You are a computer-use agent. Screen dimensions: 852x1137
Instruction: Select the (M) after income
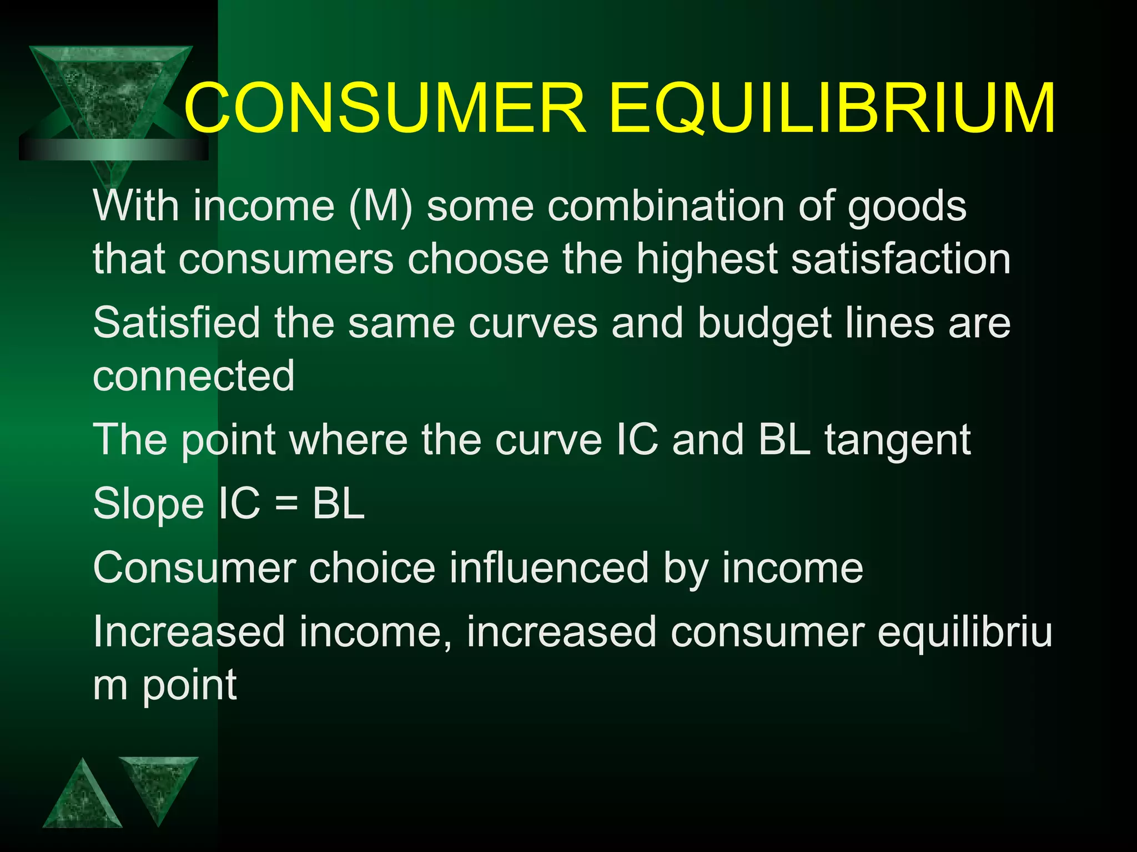pyautogui.click(x=381, y=206)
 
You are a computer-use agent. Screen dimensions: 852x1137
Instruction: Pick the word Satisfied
pyautogui.click(x=176, y=323)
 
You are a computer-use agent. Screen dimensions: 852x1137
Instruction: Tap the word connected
pyautogui.click(x=193, y=376)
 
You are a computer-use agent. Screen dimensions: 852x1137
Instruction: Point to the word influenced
pyautogui.click(x=549, y=568)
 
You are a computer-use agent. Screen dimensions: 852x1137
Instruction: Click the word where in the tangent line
pyautogui.click(x=349, y=440)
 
